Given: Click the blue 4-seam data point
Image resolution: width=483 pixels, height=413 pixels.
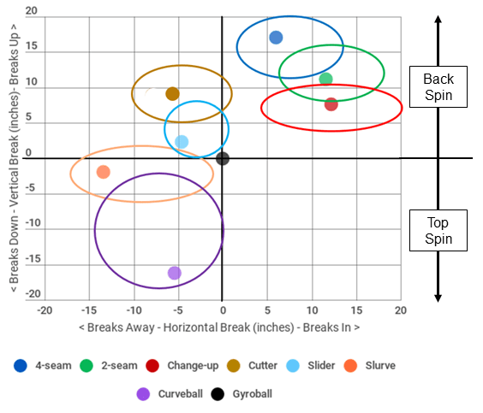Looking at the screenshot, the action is tap(276, 38).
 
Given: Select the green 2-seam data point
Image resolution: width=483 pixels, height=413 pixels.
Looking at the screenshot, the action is tap(325, 79).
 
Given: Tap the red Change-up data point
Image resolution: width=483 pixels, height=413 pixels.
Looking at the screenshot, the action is tap(331, 104).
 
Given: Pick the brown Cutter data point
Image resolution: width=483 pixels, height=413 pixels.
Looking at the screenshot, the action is tap(172, 94).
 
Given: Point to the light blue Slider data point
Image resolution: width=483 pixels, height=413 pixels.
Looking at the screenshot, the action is tap(182, 142).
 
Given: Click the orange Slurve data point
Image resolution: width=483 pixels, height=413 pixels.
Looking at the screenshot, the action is tap(103, 172).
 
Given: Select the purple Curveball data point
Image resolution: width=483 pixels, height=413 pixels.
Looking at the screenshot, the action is tap(175, 273).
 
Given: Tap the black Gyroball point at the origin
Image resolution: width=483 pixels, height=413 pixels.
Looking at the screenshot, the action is tap(223, 159).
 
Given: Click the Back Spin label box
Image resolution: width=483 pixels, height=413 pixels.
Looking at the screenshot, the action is tap(438, 86).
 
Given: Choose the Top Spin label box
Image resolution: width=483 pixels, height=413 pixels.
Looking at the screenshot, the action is tap(438, 230).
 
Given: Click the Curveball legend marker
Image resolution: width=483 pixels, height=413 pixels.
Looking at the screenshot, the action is tap(143, 394).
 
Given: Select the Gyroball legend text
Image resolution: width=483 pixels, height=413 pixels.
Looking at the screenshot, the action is tap(253, 394).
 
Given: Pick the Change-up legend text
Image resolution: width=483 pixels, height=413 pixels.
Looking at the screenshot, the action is tap(193, 366).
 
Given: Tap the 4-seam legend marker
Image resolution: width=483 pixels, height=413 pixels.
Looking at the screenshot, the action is tap(21, 366).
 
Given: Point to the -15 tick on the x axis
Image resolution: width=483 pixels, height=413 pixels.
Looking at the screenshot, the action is tap(89, 310).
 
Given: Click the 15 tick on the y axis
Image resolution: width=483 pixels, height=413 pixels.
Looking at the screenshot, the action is tap(32, 46).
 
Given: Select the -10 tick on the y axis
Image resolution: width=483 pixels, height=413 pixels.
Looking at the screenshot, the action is tap(33, 222).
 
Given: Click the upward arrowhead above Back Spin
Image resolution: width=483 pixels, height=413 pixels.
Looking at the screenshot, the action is tap(438, 19).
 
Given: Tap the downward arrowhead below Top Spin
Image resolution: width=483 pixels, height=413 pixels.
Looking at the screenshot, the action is tap(438, 298).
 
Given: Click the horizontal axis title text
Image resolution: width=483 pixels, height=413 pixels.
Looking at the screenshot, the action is tap(219, 327).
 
